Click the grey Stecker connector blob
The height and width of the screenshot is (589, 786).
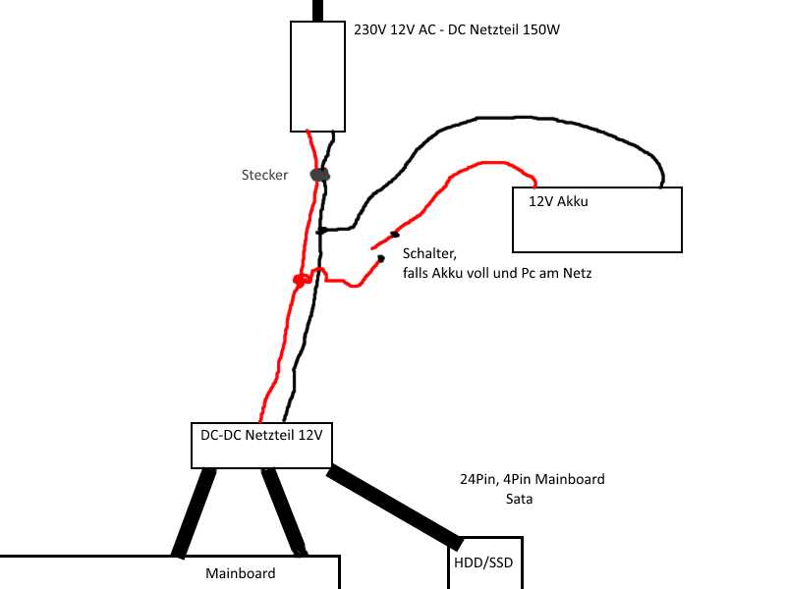tap(320, 175)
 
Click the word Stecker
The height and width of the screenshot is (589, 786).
tap(264, 175)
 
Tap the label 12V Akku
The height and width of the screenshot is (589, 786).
tap(558, 201)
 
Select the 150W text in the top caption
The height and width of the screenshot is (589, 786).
tap(541, 29)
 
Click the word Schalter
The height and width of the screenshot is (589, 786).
tap(429, 254)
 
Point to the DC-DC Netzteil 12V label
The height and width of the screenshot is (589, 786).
tap(261, 435)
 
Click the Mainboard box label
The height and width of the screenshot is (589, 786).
tap(241, 573)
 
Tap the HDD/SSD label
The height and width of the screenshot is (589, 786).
tap(483, 562)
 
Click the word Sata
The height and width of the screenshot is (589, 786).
tap(519, 499)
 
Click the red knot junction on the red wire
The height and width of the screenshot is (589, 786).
tap(300, 280)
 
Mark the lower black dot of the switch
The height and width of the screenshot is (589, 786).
tap(381, 258)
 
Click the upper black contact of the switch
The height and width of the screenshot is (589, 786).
tap(395, 234)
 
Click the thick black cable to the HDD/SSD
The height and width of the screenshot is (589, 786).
tap(395, 507)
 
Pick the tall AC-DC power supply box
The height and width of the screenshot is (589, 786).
tap(317, 77)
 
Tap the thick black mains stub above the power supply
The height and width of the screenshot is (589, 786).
tap(317, 11)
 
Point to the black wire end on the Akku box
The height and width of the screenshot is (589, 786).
tap(661, 186)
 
